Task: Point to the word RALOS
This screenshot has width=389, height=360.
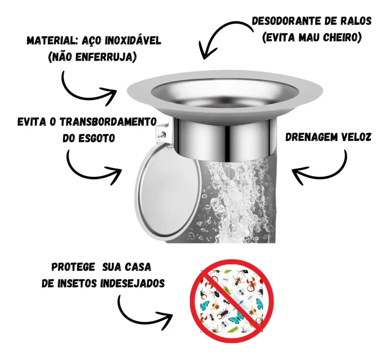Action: coord(357,21)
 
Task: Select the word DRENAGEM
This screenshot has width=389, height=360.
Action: coord(312,137)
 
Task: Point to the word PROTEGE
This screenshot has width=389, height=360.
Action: coord(73,267)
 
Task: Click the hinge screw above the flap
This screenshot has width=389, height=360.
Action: coord(163,134)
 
